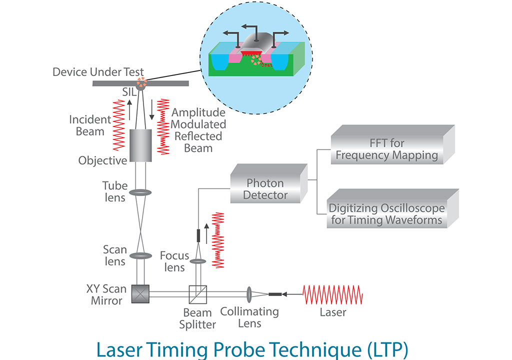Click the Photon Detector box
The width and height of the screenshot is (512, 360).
267,188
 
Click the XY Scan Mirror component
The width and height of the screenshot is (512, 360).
141,293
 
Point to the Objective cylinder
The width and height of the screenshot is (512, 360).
140,145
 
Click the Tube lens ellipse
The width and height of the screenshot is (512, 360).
140,192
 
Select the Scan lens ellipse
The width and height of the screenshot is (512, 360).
140,255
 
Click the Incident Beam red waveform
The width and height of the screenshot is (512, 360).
118,124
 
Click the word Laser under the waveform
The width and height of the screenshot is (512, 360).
332,312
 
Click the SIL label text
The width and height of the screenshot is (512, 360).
129,91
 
